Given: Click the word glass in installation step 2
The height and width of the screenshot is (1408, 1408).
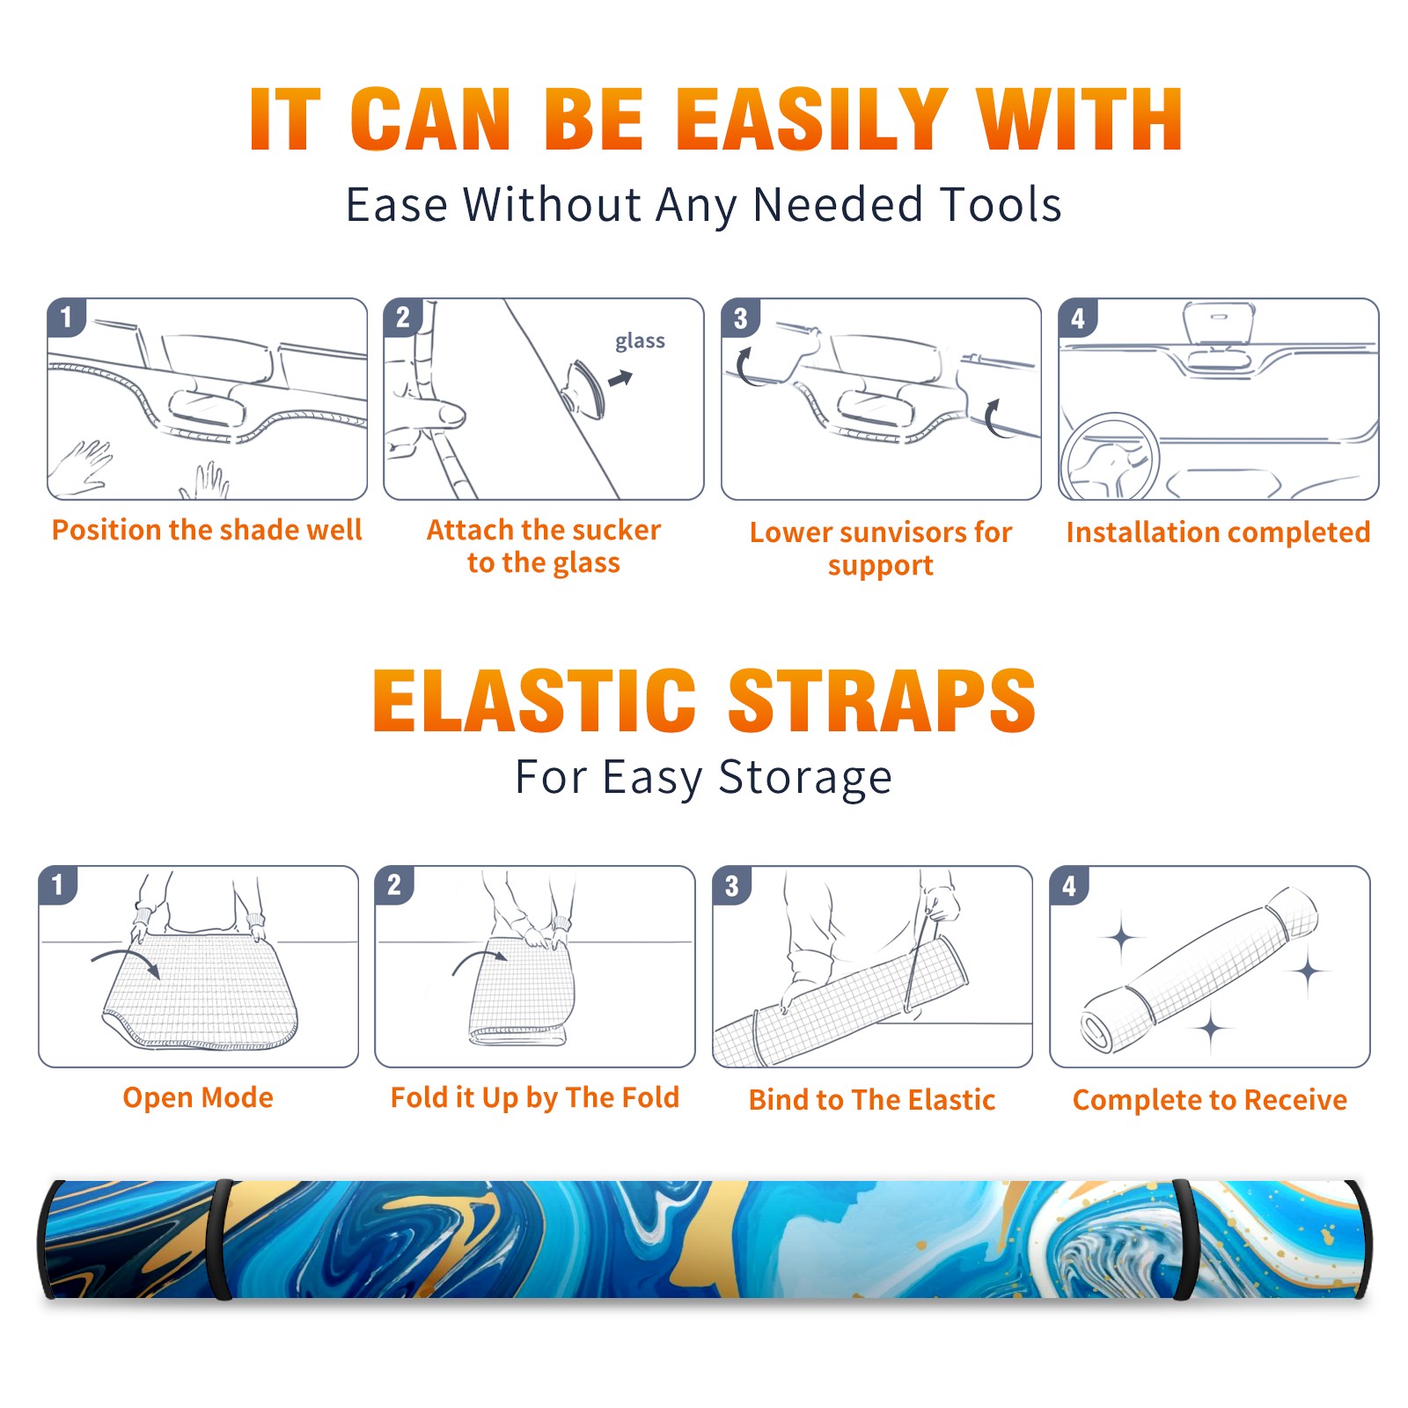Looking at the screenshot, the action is [x=640, y=341].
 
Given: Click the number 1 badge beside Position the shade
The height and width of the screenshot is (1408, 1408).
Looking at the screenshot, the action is [x=67, y=317].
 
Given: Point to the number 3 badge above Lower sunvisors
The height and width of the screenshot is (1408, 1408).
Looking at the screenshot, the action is [x=740, y=318].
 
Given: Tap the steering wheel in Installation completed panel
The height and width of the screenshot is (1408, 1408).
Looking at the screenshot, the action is [x=1111, y=457].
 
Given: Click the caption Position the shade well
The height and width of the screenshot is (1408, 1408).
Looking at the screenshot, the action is [x=207, y=530].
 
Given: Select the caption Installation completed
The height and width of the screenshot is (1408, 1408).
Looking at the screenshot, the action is [x=1218, y=532].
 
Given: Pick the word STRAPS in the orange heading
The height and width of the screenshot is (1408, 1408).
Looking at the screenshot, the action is [x=882, y=700].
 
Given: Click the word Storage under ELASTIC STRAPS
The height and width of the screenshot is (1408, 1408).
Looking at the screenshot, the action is [x=805, y=779].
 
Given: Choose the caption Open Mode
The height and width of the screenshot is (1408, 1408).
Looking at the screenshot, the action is [x=198, y=1097].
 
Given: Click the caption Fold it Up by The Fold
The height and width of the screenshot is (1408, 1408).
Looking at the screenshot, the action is [x=535, y=1097].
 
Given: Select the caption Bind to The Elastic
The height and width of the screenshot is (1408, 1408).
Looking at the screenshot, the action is [x=872, y=1100].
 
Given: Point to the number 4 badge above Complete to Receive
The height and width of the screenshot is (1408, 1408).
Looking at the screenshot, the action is [x=1069, y=885].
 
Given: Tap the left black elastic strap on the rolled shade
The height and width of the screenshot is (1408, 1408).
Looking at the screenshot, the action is [x=224, y=1240].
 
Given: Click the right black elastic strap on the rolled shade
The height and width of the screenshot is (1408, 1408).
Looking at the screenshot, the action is [x=1184, y=1240].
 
